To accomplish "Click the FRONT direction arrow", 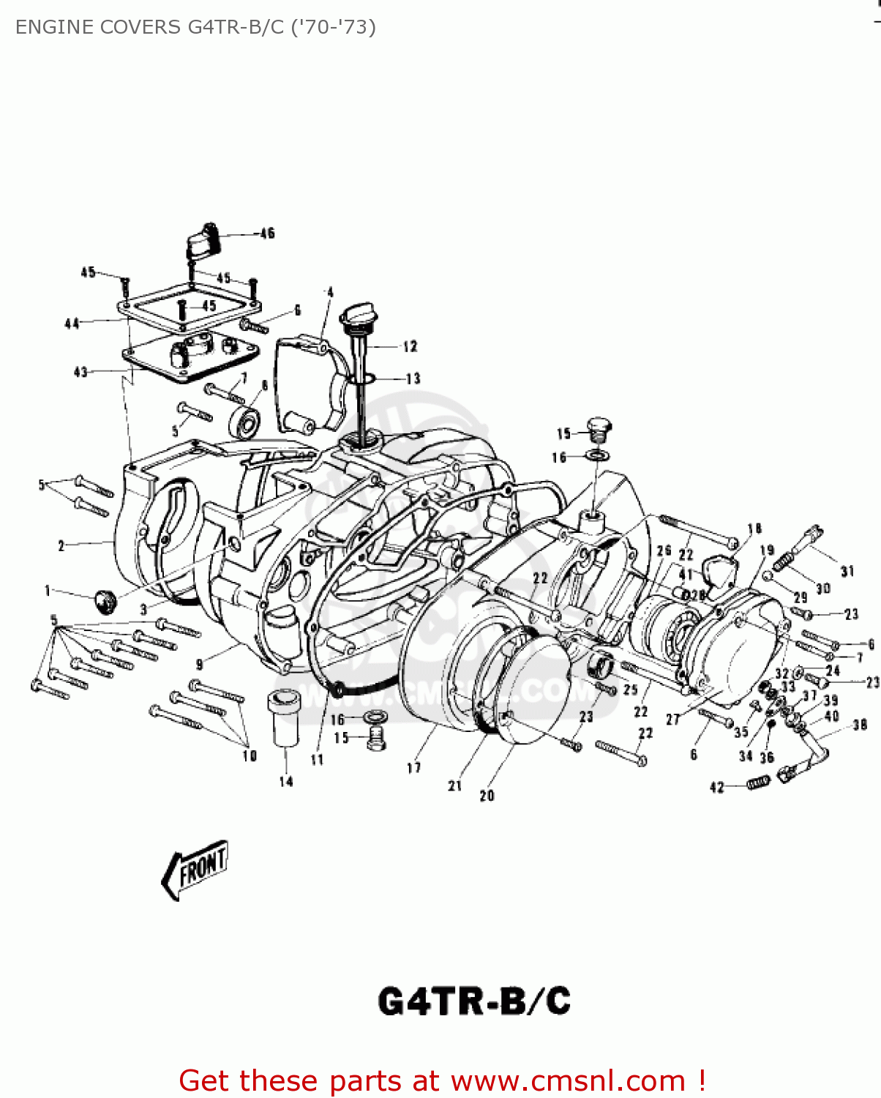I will [x=195, y=869].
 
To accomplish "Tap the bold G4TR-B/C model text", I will [x=474, y=1001].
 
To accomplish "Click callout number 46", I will [x=267, y=234].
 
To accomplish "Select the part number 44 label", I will [x=72, y=323].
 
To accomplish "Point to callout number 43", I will [x=80, y=372].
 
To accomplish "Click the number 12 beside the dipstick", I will [x=410, y=346].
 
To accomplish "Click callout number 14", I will [x=286, y=782].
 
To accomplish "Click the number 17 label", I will [x=414, y=767].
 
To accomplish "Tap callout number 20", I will [x=487, y=796].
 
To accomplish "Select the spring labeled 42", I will [x=757, y=784].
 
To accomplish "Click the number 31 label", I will [x=847, y=571].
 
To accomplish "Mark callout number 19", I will [x=767, y=550].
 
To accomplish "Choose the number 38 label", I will [x=860, y=725].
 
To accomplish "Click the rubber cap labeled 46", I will [x=206, y=239].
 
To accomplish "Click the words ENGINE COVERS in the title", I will [x=98, y=27].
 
